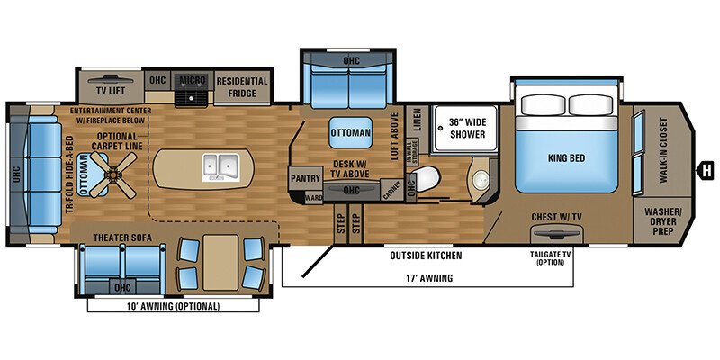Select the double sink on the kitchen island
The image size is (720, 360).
[217, 166]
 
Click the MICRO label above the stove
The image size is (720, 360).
[193, 80]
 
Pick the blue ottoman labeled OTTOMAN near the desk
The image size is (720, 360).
[350, 133]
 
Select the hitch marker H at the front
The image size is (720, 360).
[706, 167]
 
